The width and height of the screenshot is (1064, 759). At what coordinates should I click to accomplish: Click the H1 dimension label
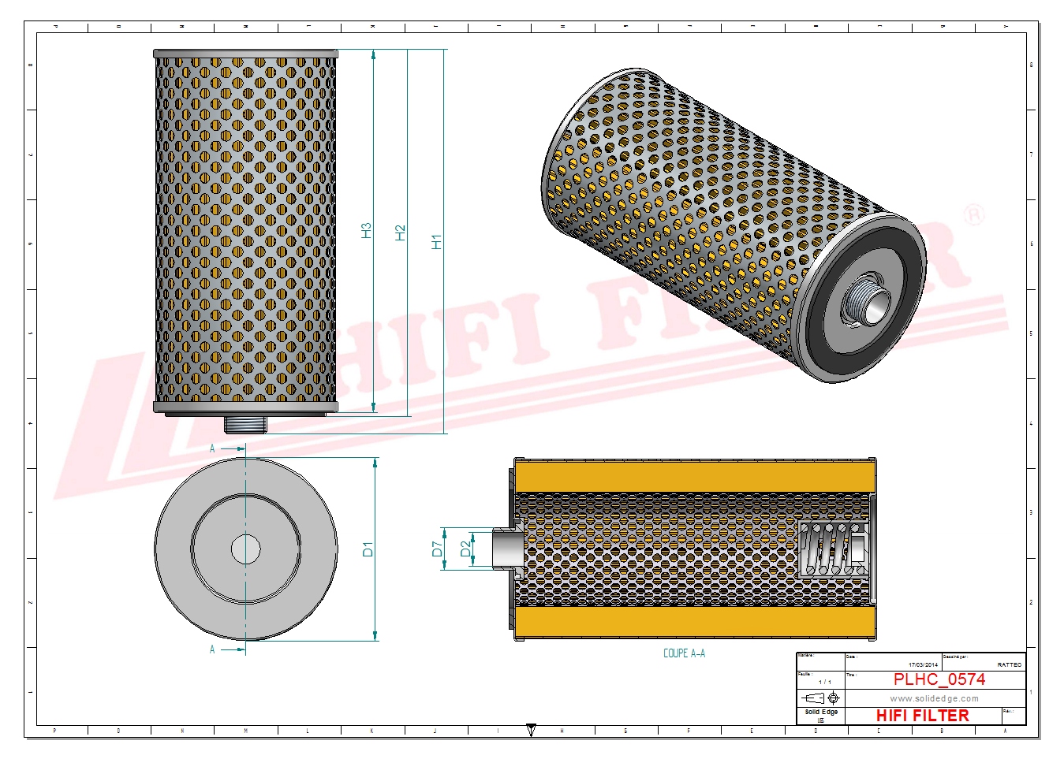pyautogui.click(x=436, y=241)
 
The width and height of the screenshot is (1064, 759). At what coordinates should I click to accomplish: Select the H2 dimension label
pyautogui.click(x=400, y=233)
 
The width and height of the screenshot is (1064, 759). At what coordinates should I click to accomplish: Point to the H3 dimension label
pyautogui.click(x=366, y=230)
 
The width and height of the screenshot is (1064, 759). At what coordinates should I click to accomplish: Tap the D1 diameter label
pyautogui.click(x=368, y=549)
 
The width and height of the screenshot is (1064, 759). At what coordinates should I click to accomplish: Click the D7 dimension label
pyautogui.click(x=437, y=549)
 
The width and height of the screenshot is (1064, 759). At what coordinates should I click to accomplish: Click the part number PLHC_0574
pyautogui.click(x=939, y=679)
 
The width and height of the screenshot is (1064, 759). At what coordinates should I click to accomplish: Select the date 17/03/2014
pyautogui.click(x=923, y=665)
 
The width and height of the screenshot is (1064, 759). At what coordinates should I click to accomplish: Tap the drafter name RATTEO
pyautogui.click(x=1009, y=665)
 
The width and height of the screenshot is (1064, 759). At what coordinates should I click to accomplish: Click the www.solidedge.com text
pyautogui.click(x=934, y=698)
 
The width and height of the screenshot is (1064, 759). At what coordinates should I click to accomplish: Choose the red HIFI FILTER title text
pyautogui.click(x=922, y=716)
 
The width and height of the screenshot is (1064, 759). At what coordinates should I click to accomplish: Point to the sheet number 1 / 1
pyautogui.click(x=824, y=682)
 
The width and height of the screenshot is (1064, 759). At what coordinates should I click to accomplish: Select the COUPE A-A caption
pyautogui.click(x=684, y=653)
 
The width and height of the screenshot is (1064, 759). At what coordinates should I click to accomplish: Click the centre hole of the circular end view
pyautogui.click(x=245, y=549)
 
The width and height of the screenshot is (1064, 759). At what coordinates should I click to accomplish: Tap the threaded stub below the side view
pyautogui.click(x=245, y=425)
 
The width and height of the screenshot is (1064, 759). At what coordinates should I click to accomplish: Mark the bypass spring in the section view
pyautogui.click(x=833, y=549)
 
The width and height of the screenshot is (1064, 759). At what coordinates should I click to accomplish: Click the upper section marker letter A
pyautogui.click(x=212, y=448)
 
